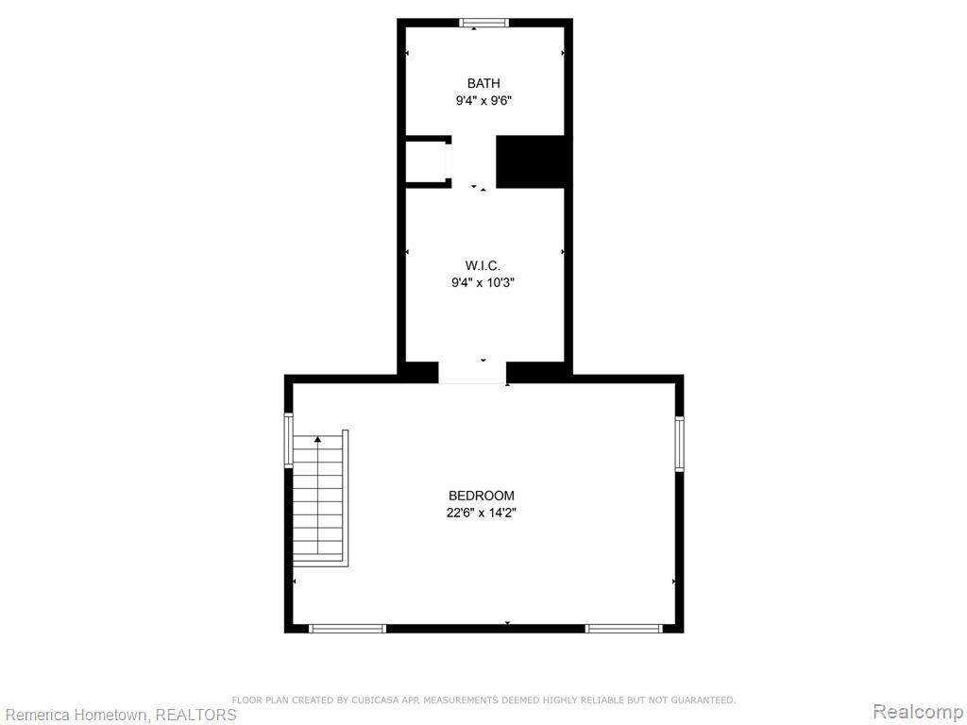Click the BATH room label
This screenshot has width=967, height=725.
click(483, 83)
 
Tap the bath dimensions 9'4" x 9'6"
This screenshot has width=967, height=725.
click(484, 100)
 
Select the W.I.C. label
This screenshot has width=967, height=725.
click(483, 265)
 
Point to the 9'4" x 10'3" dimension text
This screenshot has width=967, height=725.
click(483, 283)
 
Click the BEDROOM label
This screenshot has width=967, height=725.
click(481, 496)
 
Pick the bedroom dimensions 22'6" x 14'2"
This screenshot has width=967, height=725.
click(481, 513)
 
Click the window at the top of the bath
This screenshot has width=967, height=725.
click(484, 23)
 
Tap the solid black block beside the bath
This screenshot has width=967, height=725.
click(531, 161)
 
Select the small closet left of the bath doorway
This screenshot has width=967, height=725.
click(426, 161)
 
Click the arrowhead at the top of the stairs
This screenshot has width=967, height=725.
click(317, 440)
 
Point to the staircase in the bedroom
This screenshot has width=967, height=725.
click(320, 498)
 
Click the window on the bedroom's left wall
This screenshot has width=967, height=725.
click(288, 440)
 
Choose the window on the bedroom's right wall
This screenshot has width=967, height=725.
click(679, 444)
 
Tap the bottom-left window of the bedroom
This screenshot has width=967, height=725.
click(348, 628)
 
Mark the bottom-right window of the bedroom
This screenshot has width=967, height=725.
click(623, 628)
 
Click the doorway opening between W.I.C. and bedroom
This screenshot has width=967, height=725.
click(472, 373)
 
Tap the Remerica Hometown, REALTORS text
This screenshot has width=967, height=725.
click(118, 715)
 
